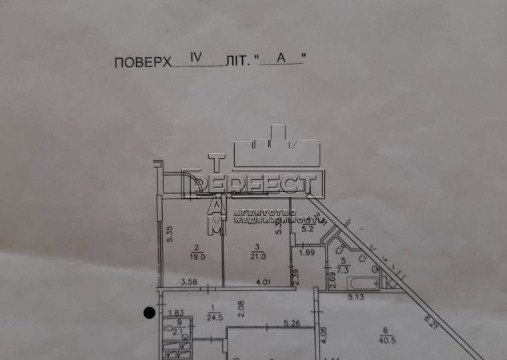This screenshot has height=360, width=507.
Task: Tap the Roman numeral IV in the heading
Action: click(x=197, y=58)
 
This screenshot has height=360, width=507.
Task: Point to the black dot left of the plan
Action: click(x=149, y=311)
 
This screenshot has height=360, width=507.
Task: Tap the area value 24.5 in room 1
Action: click(x=214, y=317)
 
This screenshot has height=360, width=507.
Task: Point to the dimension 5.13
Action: click(x=353, y=298)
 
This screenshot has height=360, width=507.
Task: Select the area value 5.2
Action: click(x=308, y=229)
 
